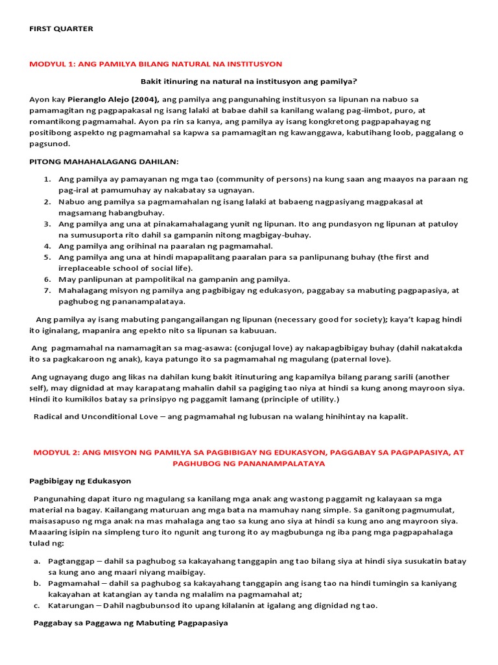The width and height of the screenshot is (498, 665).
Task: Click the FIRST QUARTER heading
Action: [61, 29]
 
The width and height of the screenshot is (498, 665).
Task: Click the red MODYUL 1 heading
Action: [156, 64]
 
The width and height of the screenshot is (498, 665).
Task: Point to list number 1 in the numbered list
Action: [47, 179]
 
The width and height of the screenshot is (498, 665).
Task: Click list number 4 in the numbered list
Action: [47, 246]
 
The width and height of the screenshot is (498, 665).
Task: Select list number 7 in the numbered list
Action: [47, 290]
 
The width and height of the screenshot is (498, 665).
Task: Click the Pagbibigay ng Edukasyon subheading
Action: [80, 481]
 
